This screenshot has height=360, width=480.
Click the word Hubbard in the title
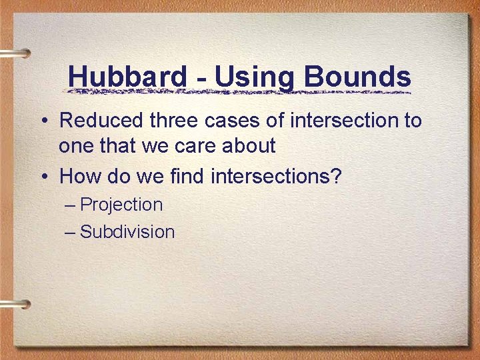pos(127,77)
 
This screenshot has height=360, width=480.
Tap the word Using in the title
pos(254,77)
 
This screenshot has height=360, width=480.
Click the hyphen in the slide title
pos(201,79)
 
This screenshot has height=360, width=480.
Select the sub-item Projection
pos(121,205)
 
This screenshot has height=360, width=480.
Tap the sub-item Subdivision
pos(127,232)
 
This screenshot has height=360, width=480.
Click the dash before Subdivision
pos(71,232)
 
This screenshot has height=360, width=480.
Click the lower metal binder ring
pos(15,305)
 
